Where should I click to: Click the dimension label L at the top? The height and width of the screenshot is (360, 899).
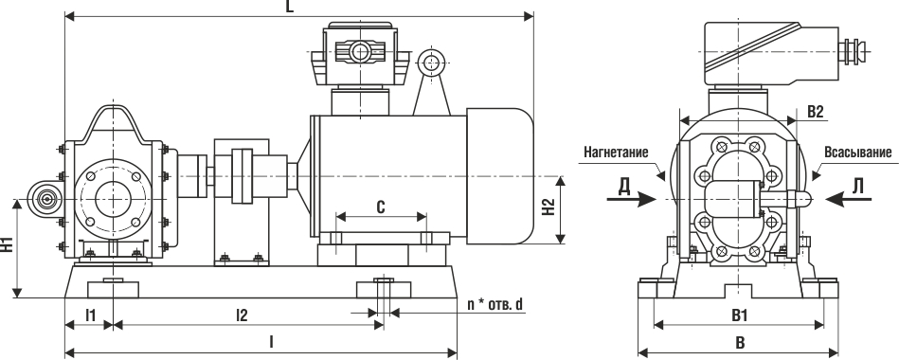click(x=290, y=8)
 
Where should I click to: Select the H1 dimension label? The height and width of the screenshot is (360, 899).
click(x=7, y=243)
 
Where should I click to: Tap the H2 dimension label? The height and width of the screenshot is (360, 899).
click(x=548, y=208)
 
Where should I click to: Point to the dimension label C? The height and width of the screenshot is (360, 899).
click(x=381, y=207)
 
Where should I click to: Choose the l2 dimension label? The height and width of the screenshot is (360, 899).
click(x=242, y=315)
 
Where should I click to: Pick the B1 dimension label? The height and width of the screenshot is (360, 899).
click(x=739, y=315)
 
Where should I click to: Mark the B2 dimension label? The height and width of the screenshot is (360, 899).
click(x=816, y=112)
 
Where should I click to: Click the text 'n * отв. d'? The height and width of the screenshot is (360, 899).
click(x=495, y=304)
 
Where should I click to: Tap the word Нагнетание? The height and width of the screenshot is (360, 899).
click(x=616, y=153)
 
